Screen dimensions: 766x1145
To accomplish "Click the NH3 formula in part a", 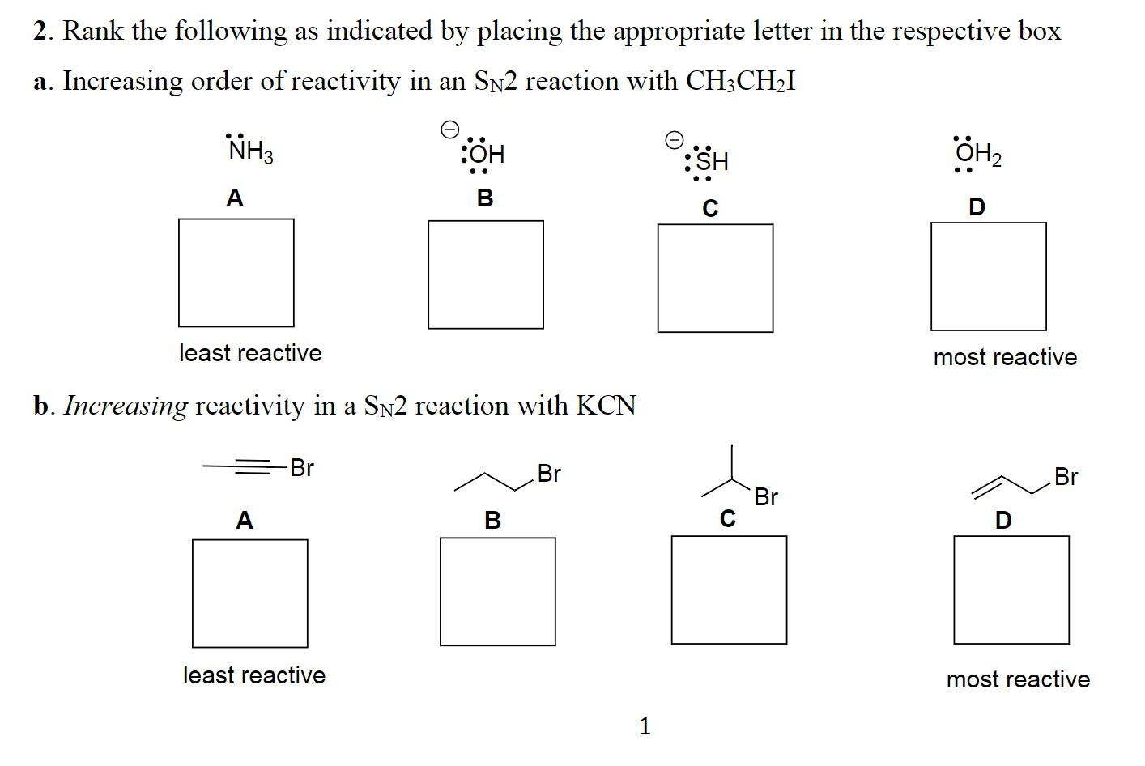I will (250, 151).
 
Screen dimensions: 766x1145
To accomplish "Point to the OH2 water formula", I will (977, 154).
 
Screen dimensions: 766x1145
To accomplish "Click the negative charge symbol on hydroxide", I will (449, 129).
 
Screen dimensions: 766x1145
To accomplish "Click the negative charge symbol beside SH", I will (674, 139).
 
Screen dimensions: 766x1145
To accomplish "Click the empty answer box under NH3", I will (236, 273).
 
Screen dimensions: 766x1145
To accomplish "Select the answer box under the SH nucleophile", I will (715, 278).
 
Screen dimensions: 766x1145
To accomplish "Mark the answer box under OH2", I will (988, 276).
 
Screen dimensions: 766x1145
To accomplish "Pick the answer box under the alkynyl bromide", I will (249, 593).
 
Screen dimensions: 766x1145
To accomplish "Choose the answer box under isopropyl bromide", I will (729, 589).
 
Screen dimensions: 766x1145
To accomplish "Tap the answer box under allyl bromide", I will (1011, 589).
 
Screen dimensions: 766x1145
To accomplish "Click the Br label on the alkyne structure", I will (301, 468).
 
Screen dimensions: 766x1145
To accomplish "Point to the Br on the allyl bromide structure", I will (1066, 477).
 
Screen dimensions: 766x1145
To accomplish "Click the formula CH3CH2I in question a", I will (740, 81).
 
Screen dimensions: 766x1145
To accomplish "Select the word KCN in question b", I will (606, 405).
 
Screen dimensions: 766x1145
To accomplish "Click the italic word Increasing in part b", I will (126, 405).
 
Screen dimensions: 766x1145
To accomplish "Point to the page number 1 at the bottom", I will (645, 726).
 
